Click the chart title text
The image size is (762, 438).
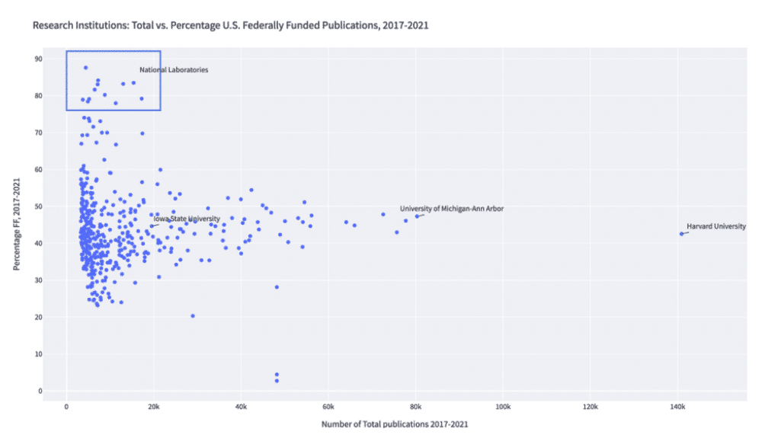click(x=230, y=25)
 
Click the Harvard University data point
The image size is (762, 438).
click(x=681, y=234)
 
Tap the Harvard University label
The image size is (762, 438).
click(x=716, y=226)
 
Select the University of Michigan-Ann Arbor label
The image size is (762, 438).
click(x=451, y=209)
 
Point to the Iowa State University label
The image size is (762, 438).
click(x=186, y=219)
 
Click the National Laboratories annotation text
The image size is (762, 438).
click(x=174, y=70)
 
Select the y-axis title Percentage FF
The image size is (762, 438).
click(x=16, y=225)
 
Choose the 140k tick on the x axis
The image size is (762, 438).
click(x=677, y=408)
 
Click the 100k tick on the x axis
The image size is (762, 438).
click(x=503, y=408)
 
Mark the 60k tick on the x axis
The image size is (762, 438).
click(x=328, y=408)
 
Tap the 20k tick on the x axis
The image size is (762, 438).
click(x=154, y=408)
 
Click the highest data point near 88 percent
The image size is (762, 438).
click(x=86, y=68)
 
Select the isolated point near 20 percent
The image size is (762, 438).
click(x=193, y=315)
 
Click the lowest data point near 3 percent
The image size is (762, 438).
click(x=277, y=380)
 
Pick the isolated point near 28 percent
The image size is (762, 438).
click(x=277, y=287)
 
